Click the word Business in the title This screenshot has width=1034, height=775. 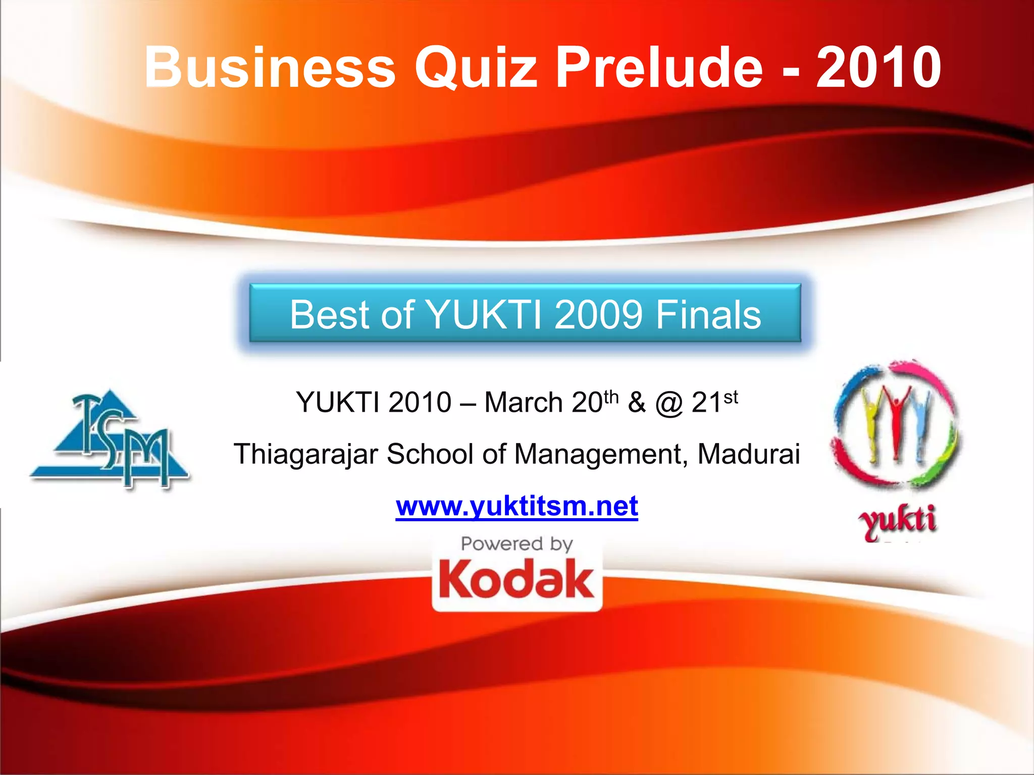(270, 67)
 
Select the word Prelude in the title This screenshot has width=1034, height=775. (659, 67)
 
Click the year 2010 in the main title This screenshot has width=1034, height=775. (878, 67)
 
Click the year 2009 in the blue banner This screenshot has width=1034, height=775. (598, 315)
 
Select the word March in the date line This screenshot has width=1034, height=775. (524, 403)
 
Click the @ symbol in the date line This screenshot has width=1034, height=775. (669, 404)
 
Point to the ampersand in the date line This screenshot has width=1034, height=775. (637, 403)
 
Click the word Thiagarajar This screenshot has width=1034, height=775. (306, 454)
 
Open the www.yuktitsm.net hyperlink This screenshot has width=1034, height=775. (516, 506)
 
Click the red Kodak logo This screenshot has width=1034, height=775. (516, 580)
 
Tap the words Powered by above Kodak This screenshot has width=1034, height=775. (516, 544)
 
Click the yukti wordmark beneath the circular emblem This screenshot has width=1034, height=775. (898, 522)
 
